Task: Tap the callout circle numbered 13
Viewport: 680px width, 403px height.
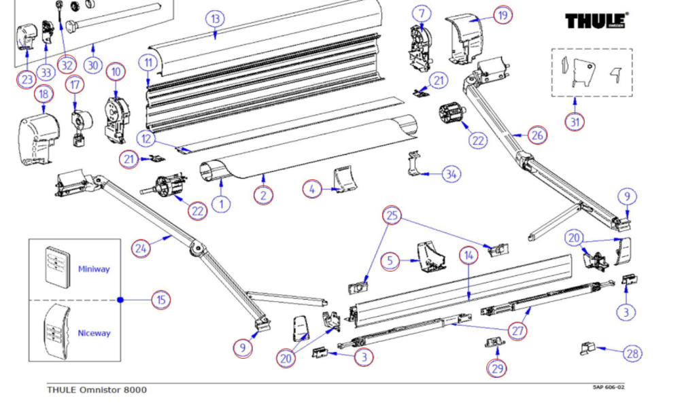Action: tap(216, 18)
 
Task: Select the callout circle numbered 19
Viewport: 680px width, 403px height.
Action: tap(503, 14)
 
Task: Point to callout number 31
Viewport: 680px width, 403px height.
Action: tap(575, 121)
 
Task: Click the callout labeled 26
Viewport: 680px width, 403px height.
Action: tap(537, 135)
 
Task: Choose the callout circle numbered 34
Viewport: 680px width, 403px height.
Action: tap(450, 174)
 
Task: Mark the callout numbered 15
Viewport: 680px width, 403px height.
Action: tap(160, 299)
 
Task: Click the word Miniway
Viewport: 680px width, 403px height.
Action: tap(94, 269)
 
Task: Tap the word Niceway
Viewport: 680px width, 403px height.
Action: tap(94, 333)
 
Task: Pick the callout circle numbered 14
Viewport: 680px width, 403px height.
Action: tap(468, 256)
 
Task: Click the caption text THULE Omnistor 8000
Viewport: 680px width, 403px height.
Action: tap(96, 389)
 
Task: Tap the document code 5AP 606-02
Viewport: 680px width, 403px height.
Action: tap(607, 387)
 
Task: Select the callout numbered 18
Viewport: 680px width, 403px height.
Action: tap(44, 94)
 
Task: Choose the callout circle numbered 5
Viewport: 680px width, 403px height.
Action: tap(390, 261)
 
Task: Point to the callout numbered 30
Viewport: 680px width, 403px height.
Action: tap(93, 65)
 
